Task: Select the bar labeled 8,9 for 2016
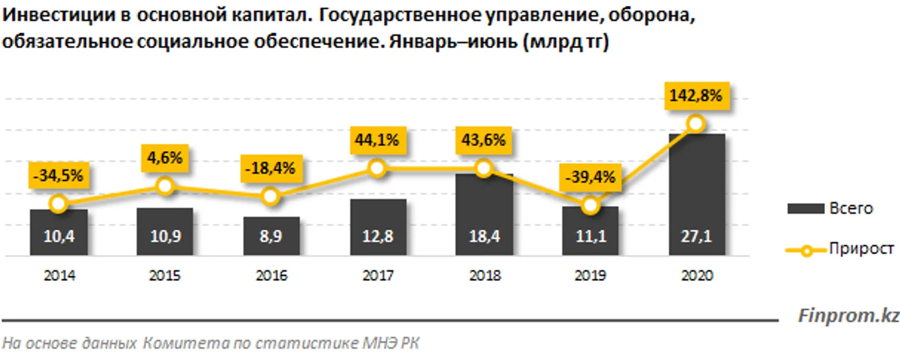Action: point(271,236)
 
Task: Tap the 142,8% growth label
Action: point(696,96)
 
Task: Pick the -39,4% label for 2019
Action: point(590,178)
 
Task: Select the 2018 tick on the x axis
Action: point(484,276)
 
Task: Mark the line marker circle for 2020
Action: point(696,124)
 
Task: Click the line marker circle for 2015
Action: point(165,187)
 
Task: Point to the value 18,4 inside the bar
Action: point(484,236)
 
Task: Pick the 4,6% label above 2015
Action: point(165,159)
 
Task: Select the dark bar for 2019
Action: point(590,232)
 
